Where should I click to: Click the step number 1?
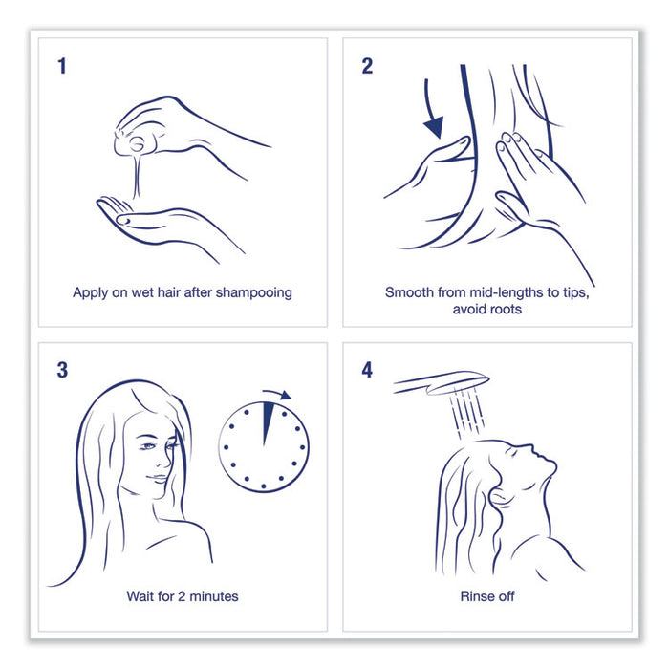pos(62,66)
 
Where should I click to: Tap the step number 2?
pos(367,66)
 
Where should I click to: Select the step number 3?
pos(62,370)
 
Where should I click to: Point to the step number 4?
pos(367,370)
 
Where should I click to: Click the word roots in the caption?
pos(506,309)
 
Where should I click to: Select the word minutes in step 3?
pos(214,596)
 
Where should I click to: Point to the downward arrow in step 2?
pos(430,112)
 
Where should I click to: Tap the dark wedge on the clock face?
pos(267,423)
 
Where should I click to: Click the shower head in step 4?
pos(442,382)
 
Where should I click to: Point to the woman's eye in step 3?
pos(147,446)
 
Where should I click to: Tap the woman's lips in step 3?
pos(157,478)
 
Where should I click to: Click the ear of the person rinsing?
pos(498,498)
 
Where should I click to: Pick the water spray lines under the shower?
pos(467,412)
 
